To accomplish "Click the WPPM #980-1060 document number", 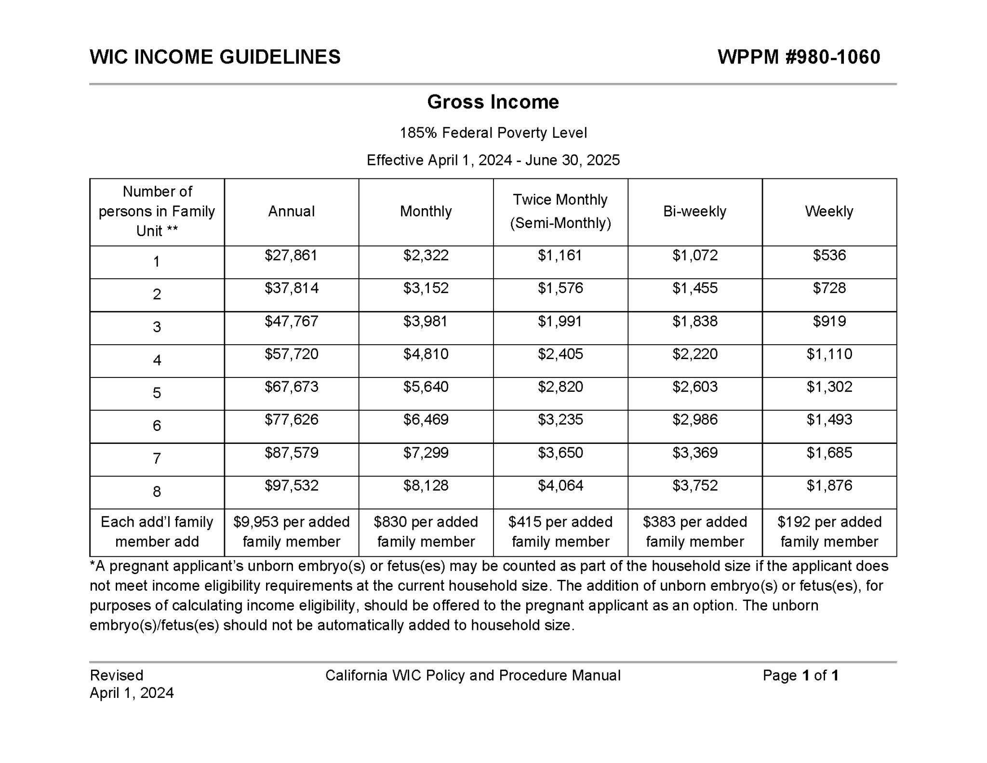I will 798,57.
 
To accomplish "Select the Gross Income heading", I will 493,102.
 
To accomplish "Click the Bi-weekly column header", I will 694,211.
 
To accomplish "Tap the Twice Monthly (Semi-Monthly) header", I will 560,211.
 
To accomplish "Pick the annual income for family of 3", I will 291,321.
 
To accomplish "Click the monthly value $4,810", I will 426,354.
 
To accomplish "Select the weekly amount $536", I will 829,255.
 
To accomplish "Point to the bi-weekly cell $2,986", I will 694,419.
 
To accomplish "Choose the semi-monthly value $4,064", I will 560,485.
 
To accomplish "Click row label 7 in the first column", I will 157,458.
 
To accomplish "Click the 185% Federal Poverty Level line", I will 493,133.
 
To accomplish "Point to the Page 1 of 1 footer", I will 800,675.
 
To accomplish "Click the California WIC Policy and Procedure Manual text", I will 472,675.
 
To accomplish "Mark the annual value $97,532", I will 291,485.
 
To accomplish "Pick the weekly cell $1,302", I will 829,387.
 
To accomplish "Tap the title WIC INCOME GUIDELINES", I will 215,57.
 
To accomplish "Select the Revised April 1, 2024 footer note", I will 131,683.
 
